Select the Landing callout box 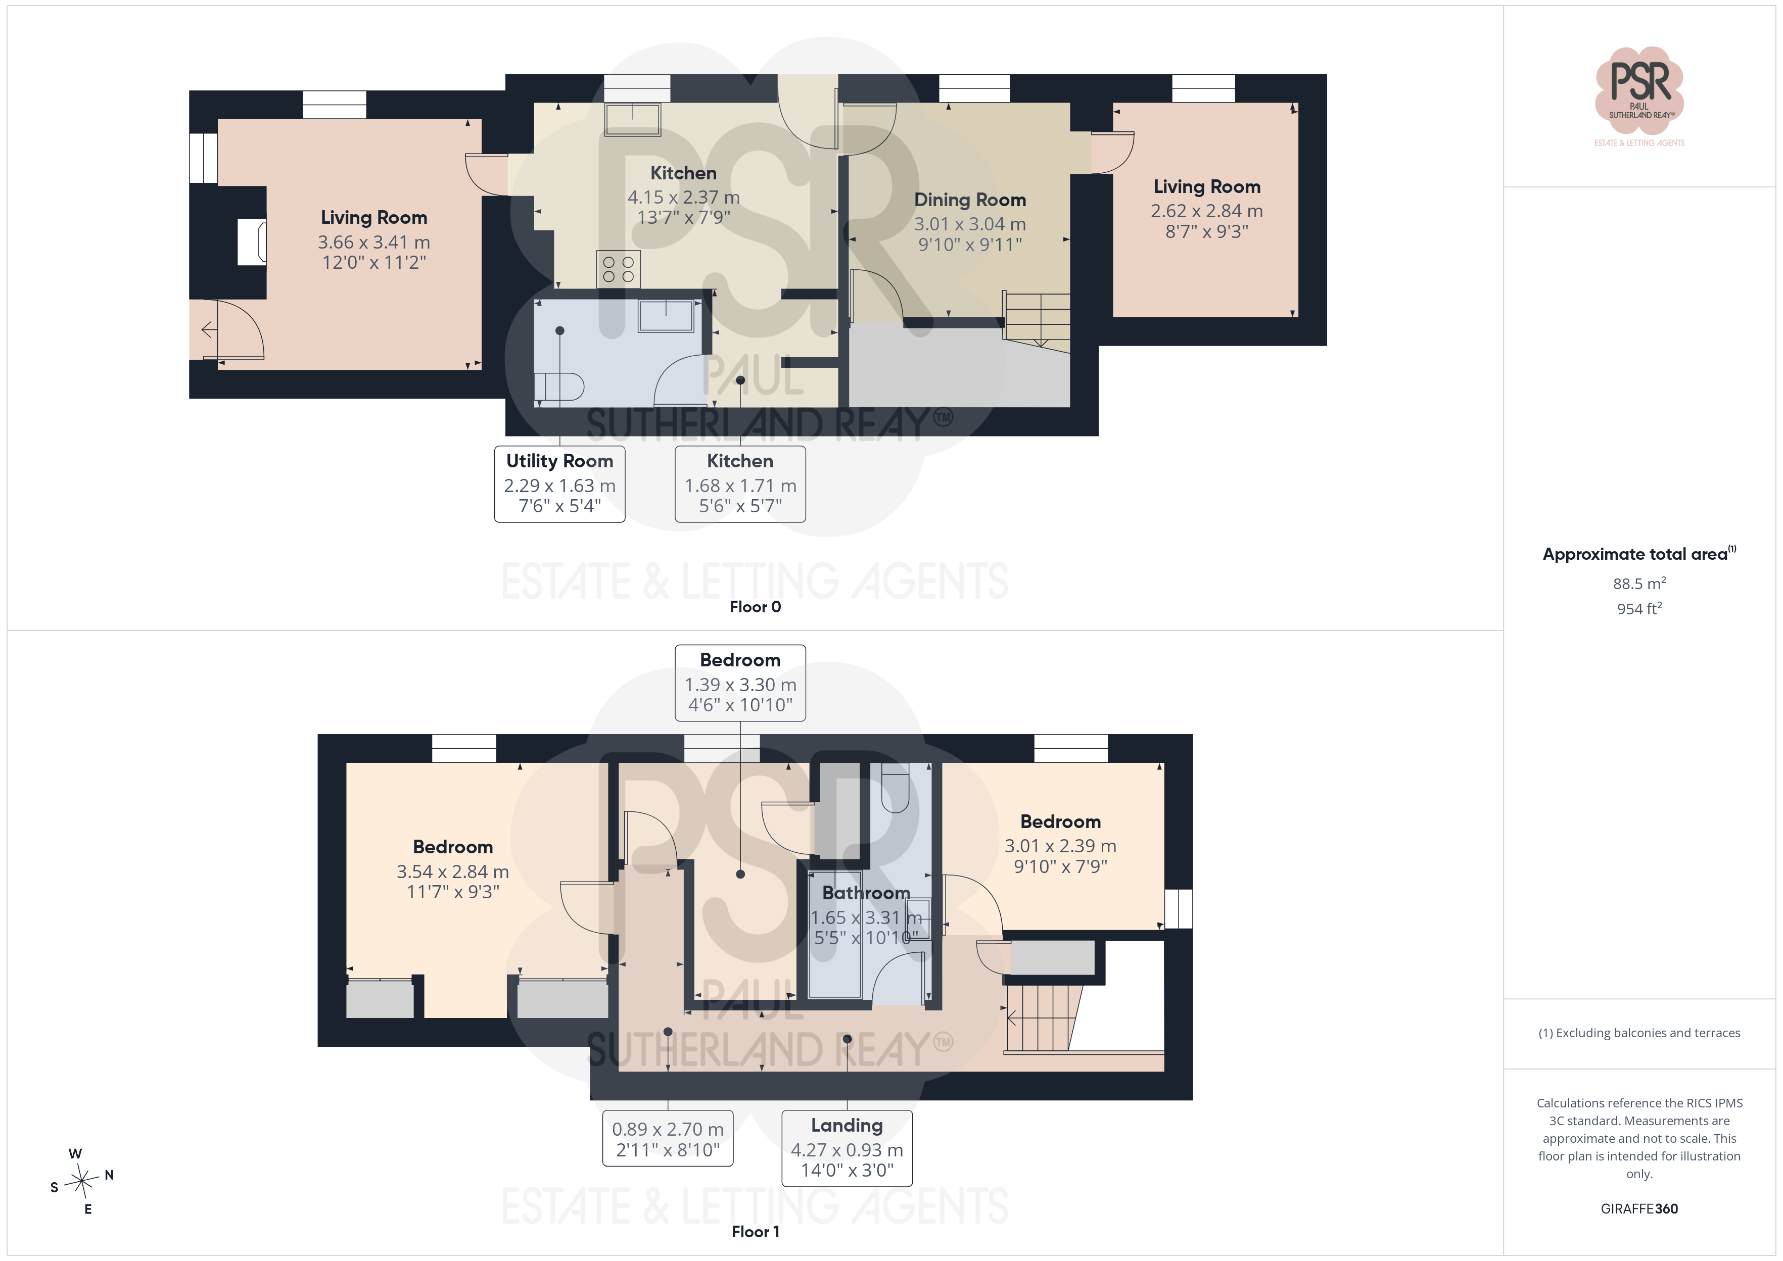[x=847, y=1148]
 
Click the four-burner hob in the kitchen [x=618, y=269]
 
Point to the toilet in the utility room [x=559, y=386]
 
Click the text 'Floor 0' [x=755, y=606]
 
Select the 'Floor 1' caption [x=755, y=1232]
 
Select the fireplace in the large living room [x=252, y=243]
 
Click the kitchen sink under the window [x=633, y=120]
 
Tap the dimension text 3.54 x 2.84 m [x=453, y=871]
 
